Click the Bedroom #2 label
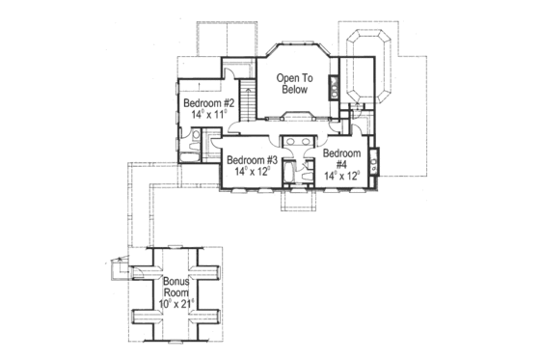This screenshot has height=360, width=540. (x=204, y=104)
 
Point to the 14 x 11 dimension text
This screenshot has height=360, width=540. (x=204, y=115)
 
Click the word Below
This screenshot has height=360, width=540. (x=294, y=90)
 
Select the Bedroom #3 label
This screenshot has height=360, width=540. (x=253, y=160)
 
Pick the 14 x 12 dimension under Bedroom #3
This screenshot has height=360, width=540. (x=253, y=172)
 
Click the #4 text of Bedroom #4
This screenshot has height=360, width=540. (x=343, y=165)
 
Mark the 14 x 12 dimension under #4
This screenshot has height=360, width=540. (x=343, y=177)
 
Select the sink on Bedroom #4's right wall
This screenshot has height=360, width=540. (x=373, y=159)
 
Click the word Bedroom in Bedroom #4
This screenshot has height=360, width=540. (x=343, y=154)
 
